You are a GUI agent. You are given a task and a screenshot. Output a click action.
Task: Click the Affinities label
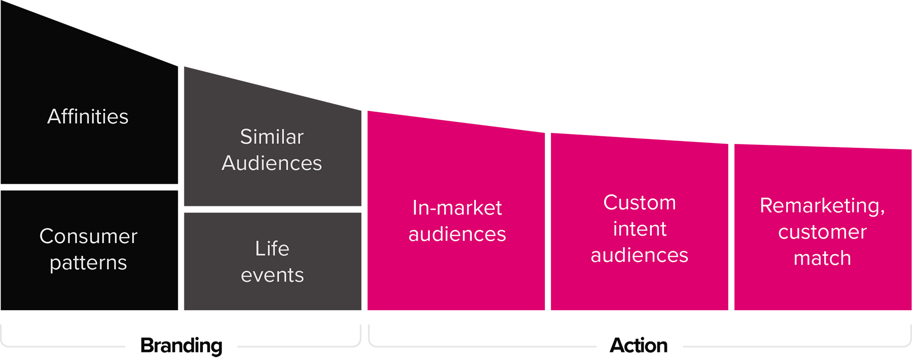pos(88,116)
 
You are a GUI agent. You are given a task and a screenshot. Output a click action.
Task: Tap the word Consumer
pos(88,236)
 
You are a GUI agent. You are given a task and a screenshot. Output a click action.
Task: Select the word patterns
pos(88,263)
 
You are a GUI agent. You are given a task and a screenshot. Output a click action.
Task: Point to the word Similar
pos(272,137)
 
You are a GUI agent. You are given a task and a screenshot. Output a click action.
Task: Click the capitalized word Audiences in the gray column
pos(272,163)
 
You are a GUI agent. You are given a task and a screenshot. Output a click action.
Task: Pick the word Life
pos(272,248)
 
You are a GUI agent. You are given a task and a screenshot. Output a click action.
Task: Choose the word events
pos(272,275)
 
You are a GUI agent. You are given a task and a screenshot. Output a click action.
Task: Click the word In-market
pos(457,208)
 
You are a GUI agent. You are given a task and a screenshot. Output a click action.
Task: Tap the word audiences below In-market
pos(457,234)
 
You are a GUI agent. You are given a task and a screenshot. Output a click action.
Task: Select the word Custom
pos(639,202)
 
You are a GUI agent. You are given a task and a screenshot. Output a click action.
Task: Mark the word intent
pos(640,229)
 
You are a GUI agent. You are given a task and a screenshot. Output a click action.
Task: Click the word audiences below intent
pos(639,255)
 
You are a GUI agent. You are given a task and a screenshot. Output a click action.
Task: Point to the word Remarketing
pos(820,205)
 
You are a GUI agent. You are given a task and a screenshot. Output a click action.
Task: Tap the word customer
pos(822,232)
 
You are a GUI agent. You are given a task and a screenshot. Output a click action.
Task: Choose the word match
pos(822,258)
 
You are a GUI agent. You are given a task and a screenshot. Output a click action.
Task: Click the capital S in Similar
pos(246,137)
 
